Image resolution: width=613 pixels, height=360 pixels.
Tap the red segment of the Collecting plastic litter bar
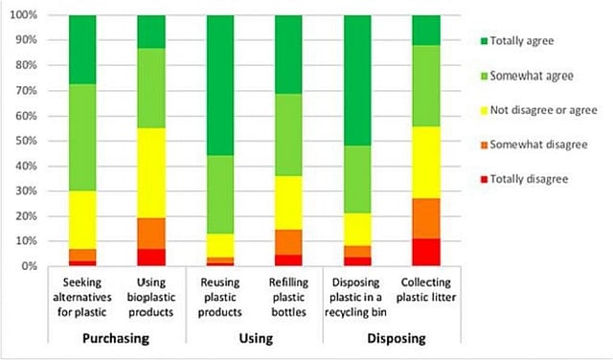coord(426,252)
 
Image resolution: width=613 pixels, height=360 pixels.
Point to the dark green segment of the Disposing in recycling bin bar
coord(357,80)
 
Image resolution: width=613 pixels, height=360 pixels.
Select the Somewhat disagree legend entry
coord(533,144)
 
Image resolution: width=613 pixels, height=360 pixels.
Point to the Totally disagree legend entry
coord(527,178)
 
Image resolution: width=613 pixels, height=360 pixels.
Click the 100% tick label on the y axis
coord(23,16)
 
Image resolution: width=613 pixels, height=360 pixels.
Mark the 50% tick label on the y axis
coord(26,141)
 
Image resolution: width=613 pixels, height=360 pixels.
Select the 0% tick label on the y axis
coord(29,265)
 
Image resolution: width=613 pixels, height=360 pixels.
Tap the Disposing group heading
coord(392,338)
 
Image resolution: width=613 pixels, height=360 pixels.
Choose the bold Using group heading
coord(254,338)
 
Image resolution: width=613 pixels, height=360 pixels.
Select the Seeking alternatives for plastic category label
coord(82,298)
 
